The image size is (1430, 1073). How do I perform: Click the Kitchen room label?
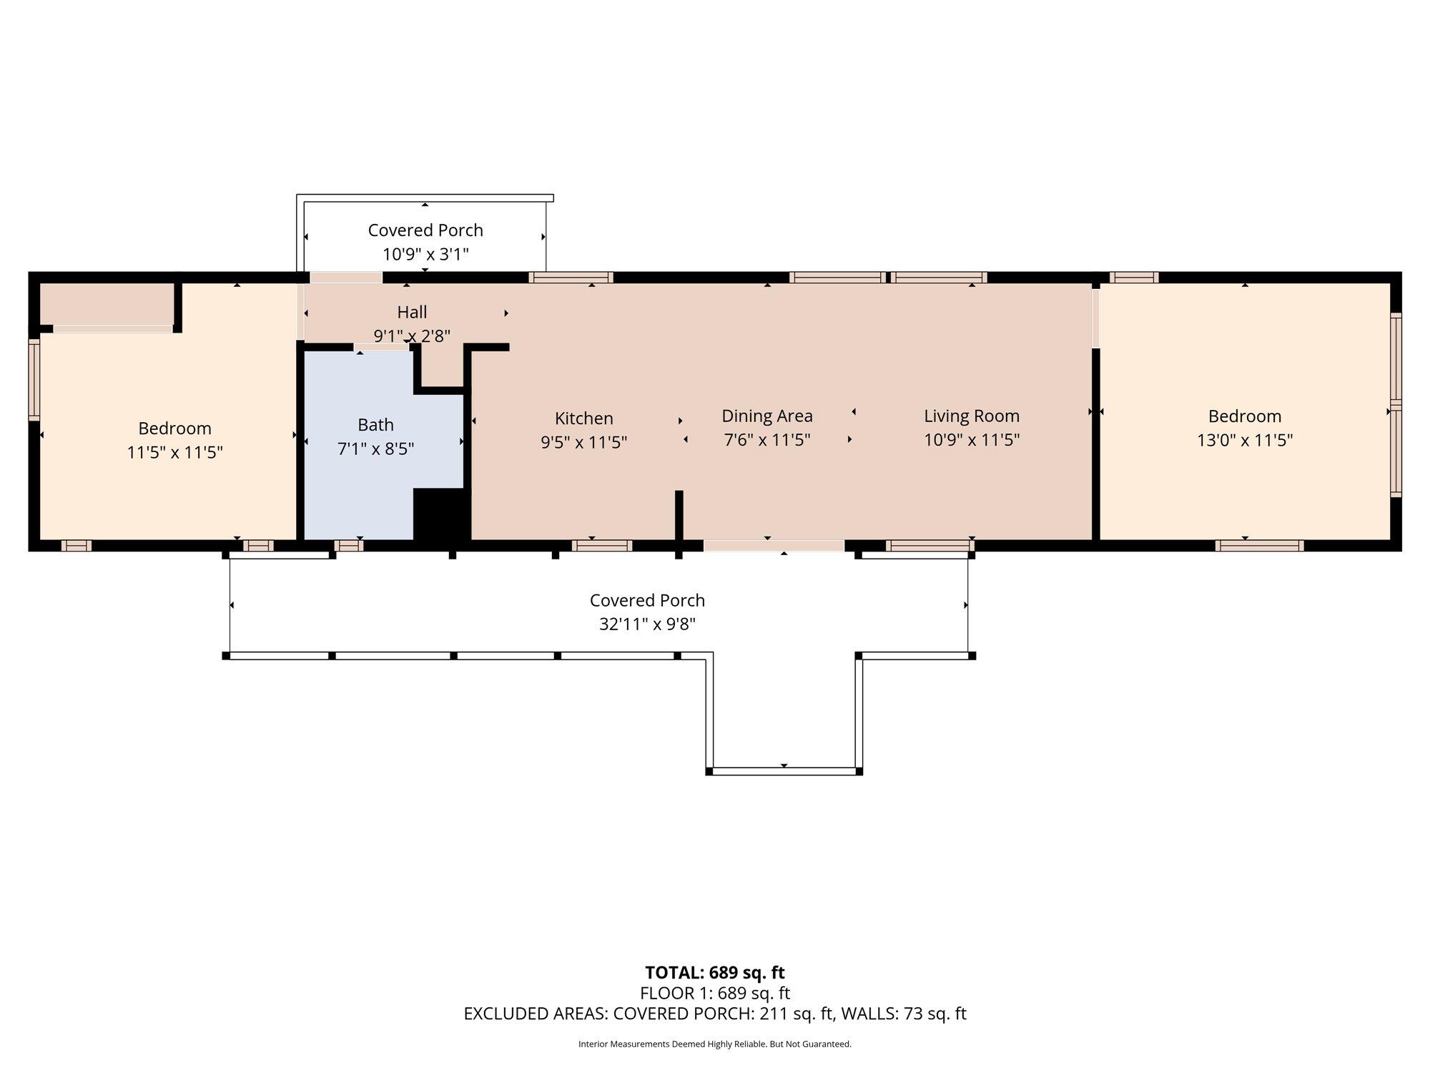point(583,418)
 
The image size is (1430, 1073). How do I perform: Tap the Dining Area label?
point(766,416)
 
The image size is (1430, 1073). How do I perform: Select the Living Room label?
point(971,416)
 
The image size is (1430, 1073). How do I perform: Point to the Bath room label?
point(375,425)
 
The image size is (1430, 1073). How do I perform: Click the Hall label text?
point(412,312)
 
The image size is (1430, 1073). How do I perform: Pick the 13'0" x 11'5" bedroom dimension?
point(1244,440)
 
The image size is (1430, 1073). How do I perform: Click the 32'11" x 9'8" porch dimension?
point(647,624)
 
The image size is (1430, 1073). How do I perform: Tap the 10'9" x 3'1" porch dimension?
point(425,254)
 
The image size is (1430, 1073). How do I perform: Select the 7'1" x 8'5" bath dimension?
point(375,449)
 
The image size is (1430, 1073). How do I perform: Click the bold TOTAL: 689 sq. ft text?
point(714,973)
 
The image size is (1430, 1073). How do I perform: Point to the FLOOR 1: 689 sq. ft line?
point(714,993)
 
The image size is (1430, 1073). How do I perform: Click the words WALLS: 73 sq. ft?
point(904,1014)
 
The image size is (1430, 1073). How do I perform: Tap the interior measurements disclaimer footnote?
point(714,1044)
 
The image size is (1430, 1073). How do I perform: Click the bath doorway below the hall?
point(382,348)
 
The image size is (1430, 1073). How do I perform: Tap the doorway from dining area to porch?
point(774,546)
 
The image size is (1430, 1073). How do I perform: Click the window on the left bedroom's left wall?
point(34,378)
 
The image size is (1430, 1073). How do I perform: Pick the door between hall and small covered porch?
point(346,278)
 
